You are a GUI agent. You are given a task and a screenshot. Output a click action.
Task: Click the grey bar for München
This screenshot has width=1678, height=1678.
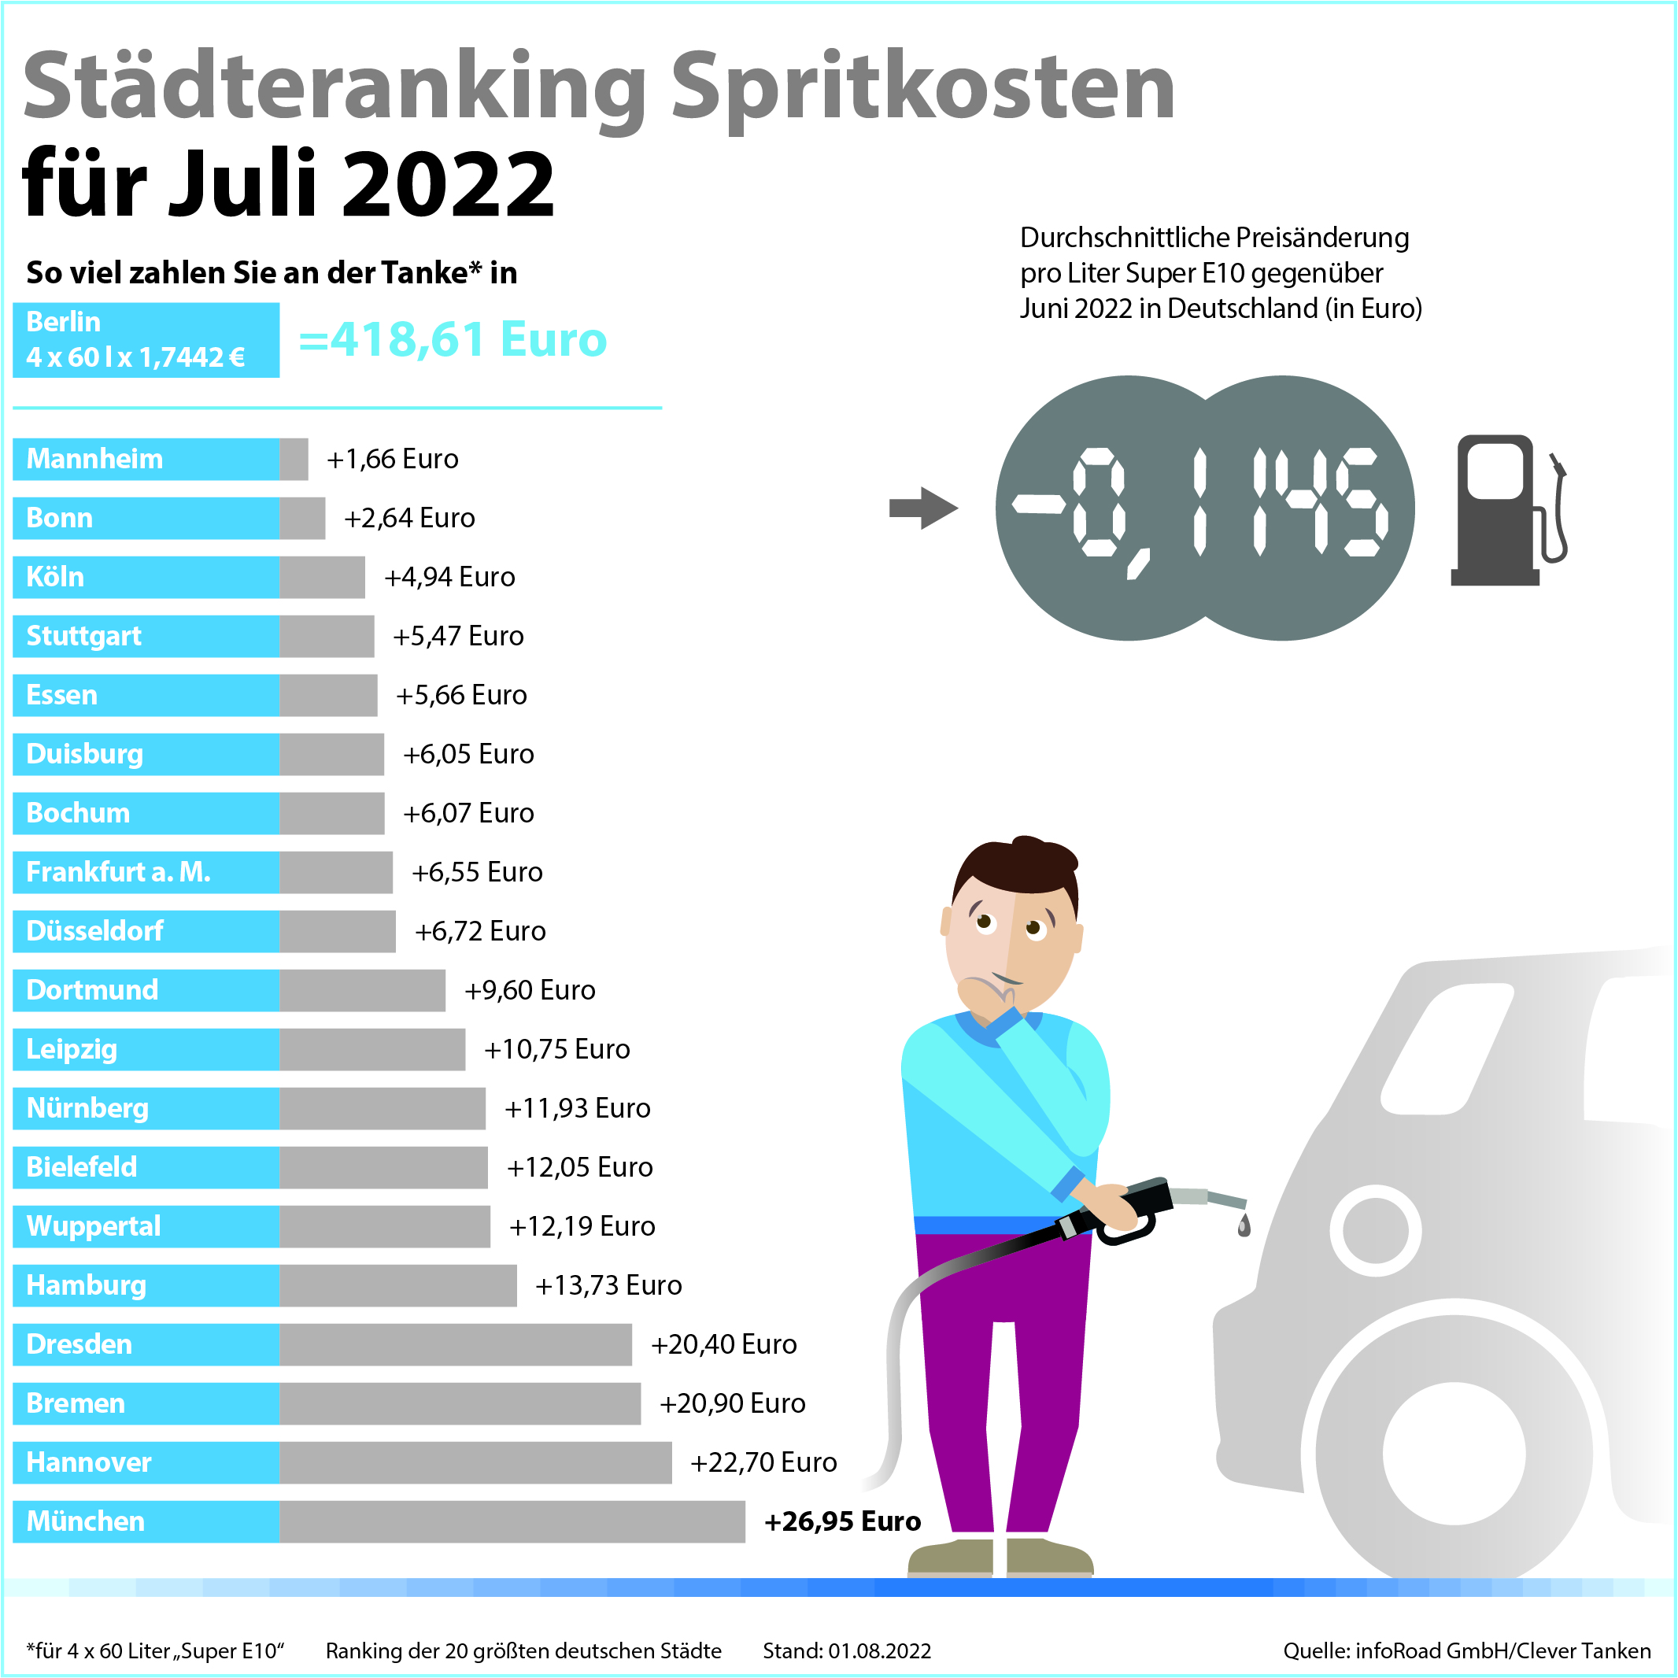512,1521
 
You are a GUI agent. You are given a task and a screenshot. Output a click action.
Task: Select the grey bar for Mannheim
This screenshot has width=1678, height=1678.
294,459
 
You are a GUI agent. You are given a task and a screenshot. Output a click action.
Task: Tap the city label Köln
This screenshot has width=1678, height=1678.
56,577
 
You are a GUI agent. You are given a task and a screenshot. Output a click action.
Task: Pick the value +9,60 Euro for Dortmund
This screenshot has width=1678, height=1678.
530,990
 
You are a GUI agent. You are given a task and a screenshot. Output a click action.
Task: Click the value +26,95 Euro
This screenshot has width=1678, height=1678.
841,1521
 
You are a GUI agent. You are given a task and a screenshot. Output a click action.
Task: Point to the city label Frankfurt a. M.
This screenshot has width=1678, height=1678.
118,872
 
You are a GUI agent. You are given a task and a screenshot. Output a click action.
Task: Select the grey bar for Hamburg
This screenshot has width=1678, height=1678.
397,1285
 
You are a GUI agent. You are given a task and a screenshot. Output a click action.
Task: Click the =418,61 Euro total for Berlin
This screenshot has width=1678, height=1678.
453,338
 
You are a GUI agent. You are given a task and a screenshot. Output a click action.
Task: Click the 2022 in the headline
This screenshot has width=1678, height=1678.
448,184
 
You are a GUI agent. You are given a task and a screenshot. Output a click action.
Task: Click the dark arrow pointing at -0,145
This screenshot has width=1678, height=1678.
922,508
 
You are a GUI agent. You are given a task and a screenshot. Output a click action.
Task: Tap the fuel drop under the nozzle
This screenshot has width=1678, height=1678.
1244,1225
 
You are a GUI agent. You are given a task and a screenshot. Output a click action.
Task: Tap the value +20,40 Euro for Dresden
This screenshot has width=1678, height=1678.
723,1344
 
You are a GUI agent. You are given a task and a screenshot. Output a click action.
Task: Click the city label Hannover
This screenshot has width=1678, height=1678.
89,1462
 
